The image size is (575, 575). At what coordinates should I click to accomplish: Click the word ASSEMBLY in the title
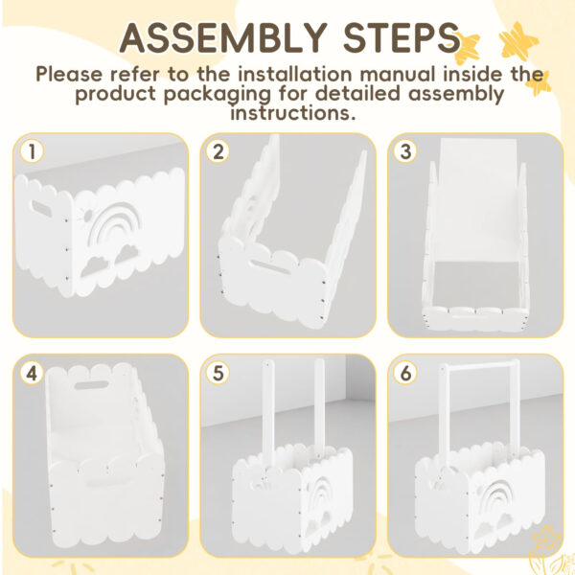pyautogui.click(x=223, y=37)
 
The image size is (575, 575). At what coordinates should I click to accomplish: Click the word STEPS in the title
pyautogui.click(x=401, y=37)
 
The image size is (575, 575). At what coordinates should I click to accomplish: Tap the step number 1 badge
pyautogui.click(x=32, y=151)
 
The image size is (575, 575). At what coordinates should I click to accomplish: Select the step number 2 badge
pyautogui.click(x=218, y=151)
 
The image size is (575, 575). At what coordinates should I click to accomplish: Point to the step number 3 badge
pyautogui.click(x=405, y=151)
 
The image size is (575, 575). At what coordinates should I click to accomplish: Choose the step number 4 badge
pyautogui.click(x=32, y=374)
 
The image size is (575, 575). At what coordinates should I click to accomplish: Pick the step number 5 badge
pyautogui.click(x=218, y=374)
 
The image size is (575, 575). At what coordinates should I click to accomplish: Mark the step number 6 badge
pyautogui.click(x=405, y=374)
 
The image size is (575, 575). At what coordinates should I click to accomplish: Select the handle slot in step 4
pyautogui.click(x=91, y=385)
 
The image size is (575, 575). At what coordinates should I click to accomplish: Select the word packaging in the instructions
pyautogui.click(x=217, y=95)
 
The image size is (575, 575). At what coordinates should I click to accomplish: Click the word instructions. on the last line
pyautogui.click(x=293, y=112)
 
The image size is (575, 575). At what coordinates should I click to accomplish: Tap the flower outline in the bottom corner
pyautogui.click(x=546, y=549)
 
